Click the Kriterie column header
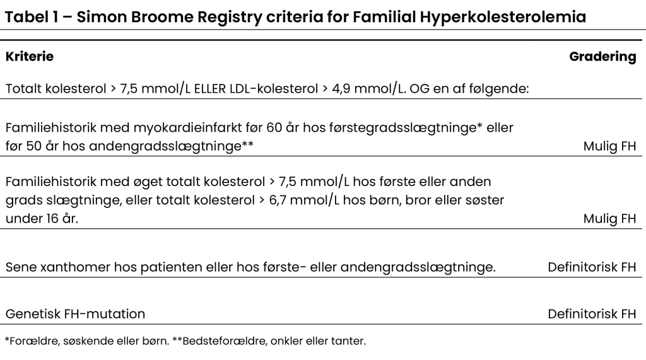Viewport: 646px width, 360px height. [x=30, y=57]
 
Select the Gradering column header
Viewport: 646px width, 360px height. [x=602, y=57]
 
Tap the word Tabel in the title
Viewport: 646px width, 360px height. [x=27, y=18]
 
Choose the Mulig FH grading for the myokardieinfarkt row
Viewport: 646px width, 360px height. [x=610, y=147]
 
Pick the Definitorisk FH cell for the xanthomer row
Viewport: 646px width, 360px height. [x=592, y=267]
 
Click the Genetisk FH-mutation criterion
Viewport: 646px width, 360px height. [x=75, y=313]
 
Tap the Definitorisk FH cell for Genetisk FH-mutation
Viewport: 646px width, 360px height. [x=592, y=313]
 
